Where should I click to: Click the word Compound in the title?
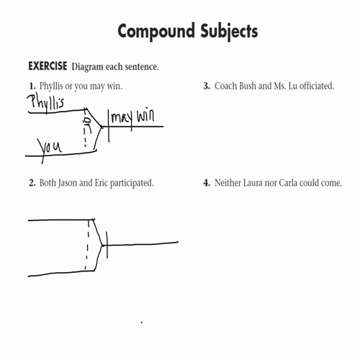pos(152,32)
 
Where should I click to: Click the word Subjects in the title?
pos(224,32)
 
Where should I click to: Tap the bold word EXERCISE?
pos(48,67)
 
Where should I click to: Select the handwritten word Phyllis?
pos(47,102)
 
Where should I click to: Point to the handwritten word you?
pos(50,146)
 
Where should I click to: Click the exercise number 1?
pos(32,86)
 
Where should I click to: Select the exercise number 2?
pos(32,183)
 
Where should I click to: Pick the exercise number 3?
pos(207,86)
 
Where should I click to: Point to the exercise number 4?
pos(207,183)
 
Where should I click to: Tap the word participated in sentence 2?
pos(130,183)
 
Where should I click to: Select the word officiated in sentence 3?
pos(312,86)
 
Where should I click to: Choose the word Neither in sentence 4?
pos(229,183)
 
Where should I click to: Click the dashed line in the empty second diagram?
pos(88,245)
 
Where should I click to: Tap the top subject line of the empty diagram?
pos(61,220)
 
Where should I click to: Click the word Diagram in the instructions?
pos(89,67)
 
